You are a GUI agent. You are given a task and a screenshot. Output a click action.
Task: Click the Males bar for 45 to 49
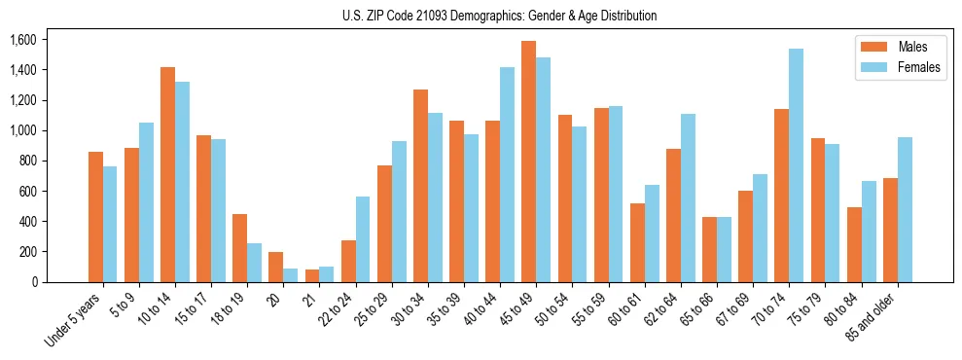click(528, 162)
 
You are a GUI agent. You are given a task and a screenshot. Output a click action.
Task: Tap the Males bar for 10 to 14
click(167, 175)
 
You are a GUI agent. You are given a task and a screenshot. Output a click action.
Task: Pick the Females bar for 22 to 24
click(363, 239)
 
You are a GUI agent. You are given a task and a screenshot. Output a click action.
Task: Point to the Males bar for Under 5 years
click(95, 217)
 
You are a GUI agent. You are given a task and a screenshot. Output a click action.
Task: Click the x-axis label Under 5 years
click(74, 321)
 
